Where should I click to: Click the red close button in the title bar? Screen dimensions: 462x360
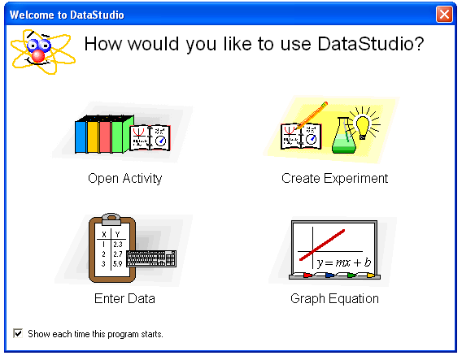point(444,14)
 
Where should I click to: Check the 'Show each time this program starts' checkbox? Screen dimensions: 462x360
point(18,333)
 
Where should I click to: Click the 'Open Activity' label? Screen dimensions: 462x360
point(125,179)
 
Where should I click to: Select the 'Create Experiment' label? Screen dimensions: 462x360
point(334,178)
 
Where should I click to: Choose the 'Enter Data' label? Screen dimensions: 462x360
point(124,298)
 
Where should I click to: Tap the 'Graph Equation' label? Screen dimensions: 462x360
point(334,299)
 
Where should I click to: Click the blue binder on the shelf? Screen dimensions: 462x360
point(81,136)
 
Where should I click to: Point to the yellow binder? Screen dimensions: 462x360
point(93,136)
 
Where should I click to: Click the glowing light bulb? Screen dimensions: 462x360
point(364,125)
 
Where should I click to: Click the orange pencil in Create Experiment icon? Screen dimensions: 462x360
point(312,115)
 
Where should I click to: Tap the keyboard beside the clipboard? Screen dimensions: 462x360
point(151,258)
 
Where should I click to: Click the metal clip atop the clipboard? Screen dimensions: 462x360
point(111,219)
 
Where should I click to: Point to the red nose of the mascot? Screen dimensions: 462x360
point(38,55)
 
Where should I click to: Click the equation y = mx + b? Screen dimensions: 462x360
point(343,262)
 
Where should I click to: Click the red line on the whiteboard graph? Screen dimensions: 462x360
point(322,245)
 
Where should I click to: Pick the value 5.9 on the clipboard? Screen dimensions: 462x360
point(118,264)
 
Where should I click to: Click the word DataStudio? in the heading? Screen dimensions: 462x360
point(371,44)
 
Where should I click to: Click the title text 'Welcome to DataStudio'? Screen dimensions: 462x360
point(67,15)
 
